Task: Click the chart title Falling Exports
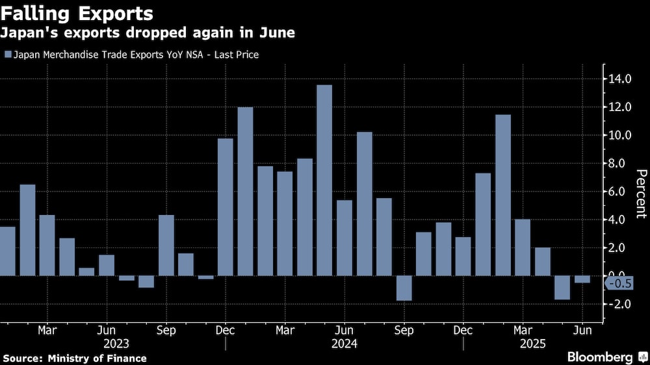(78, 14)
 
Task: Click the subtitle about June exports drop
(148, 33)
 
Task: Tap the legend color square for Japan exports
(8, 55)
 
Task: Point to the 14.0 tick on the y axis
(620, 79)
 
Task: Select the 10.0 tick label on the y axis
(620, 135)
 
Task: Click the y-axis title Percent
(640, 193)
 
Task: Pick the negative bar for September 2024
(404, 288)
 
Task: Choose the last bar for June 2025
(582, 279)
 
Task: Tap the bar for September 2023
(166, 245)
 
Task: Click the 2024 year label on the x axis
(344, 344)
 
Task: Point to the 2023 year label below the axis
(116, 344)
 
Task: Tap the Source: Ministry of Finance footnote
(75, 359)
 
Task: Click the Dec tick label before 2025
(463, 330)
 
